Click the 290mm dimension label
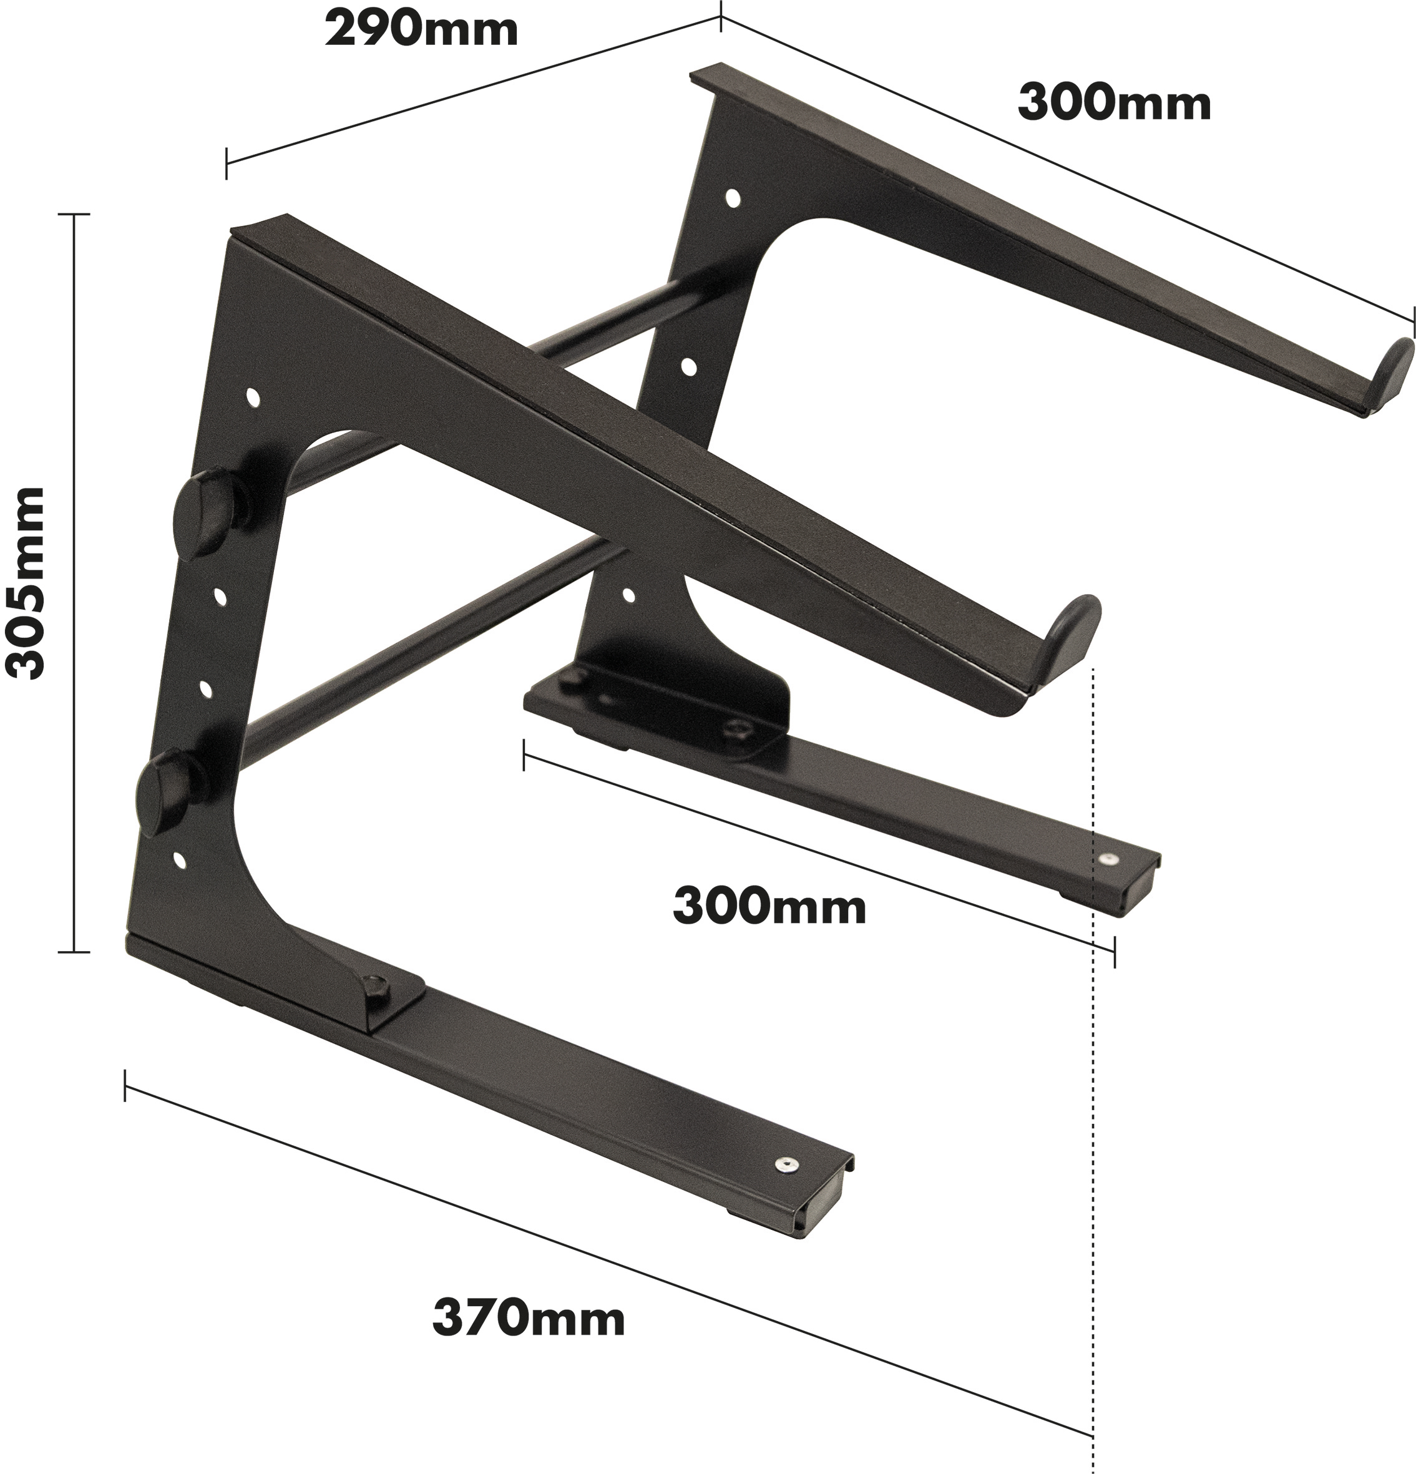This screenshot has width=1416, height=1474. (x=421, y=31)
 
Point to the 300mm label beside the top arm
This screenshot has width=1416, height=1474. (x=1115, y=103)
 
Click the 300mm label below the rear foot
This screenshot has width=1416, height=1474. (x=769, y=907)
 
